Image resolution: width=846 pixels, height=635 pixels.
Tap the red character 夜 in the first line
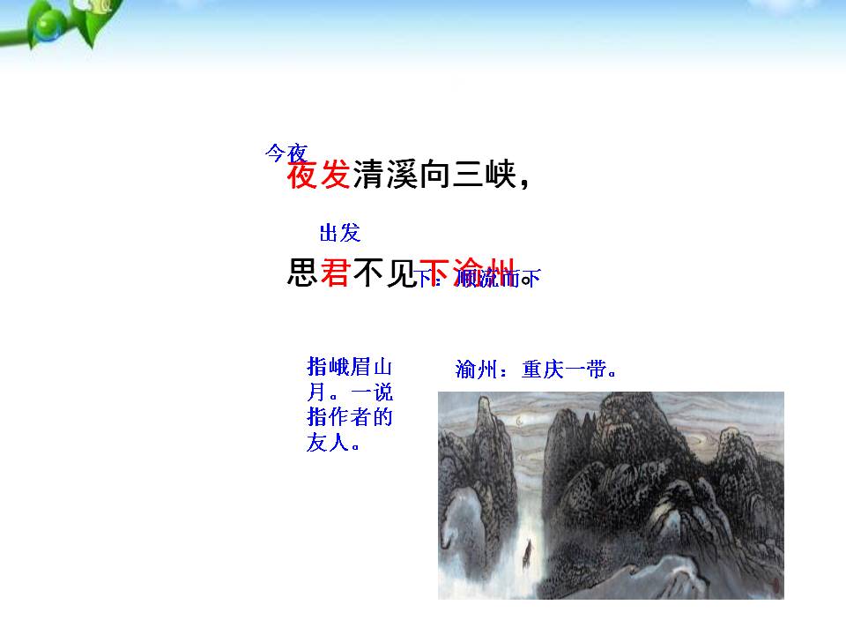pyautogui.click(x=301, y=176)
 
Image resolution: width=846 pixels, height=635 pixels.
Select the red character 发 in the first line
pyautogui.click(x=335, y=176)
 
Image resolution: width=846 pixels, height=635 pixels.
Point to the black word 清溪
pyautogui.click(x=384, y=176)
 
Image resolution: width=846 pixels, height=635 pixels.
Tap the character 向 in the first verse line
pyautogui.click(x=433, y=176)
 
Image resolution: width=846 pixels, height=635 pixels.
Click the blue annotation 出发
pyautogui.click(x=339, y=233)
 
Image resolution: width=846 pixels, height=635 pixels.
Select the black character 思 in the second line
pyautogui.click(x=301, y=273)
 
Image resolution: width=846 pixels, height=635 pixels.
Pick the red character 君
pyautogui.click(x=335, y=273)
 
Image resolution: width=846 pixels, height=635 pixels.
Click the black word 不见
pyautogui.click(x=384, y=273)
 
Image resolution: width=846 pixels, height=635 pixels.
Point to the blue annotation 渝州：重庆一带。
pyautogui.click(x=535, y=370)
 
